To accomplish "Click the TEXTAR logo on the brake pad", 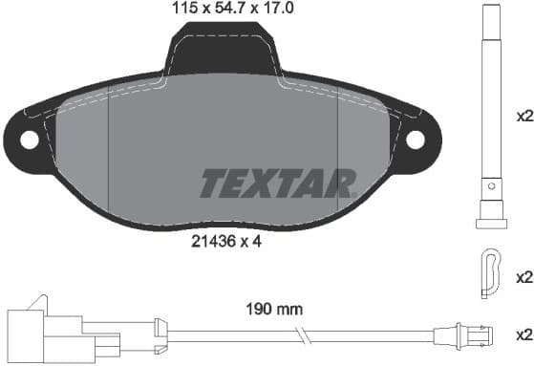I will click(278, 183).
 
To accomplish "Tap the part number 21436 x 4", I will click(225, 242).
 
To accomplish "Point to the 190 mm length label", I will click(275, 309).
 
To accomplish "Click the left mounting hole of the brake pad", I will click(29, 140).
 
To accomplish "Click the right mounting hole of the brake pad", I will click(416, 140).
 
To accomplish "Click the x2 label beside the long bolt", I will click(523, 118).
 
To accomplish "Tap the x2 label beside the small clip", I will click(523, 277).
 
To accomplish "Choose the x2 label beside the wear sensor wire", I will click(523, 335).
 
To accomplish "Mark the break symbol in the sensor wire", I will click(301, 336).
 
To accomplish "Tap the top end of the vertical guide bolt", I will click(489, 11).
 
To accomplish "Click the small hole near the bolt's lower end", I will click(489, 185).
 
